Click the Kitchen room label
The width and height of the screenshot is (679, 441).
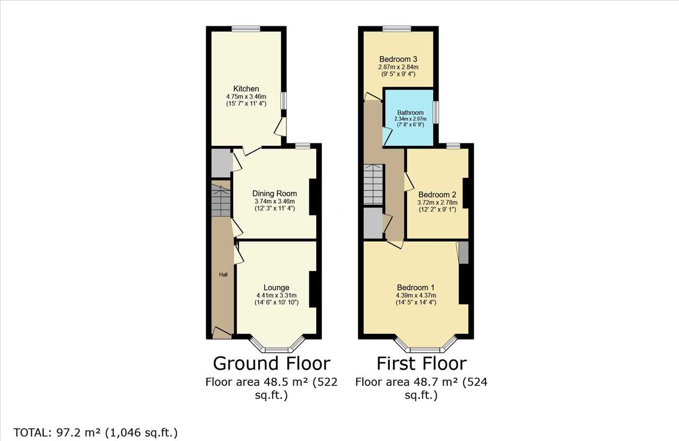(246, 89)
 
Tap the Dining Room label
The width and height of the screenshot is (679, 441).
(275, 194)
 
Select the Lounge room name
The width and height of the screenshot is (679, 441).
(276, 287)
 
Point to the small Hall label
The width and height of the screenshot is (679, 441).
(223, 274)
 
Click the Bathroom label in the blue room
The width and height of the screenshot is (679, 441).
(411, 113)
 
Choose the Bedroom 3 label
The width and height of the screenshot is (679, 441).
(398, 59)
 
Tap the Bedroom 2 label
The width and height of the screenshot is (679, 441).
(437, 194)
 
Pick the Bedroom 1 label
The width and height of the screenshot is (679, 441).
(415, 287)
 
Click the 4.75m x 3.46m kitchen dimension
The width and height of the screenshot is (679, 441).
(246, 97)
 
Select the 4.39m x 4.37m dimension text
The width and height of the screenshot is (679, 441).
(416, 295)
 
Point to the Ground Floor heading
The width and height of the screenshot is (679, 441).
(272, 364)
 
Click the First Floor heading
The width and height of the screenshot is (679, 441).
(422, 364)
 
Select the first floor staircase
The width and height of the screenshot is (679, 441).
(373, 185)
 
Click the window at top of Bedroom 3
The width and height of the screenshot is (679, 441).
(397, 29)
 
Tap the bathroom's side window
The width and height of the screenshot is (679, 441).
(436, 112)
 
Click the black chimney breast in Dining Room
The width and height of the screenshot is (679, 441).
(313, 197)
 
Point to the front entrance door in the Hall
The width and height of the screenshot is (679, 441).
(222, 333)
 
